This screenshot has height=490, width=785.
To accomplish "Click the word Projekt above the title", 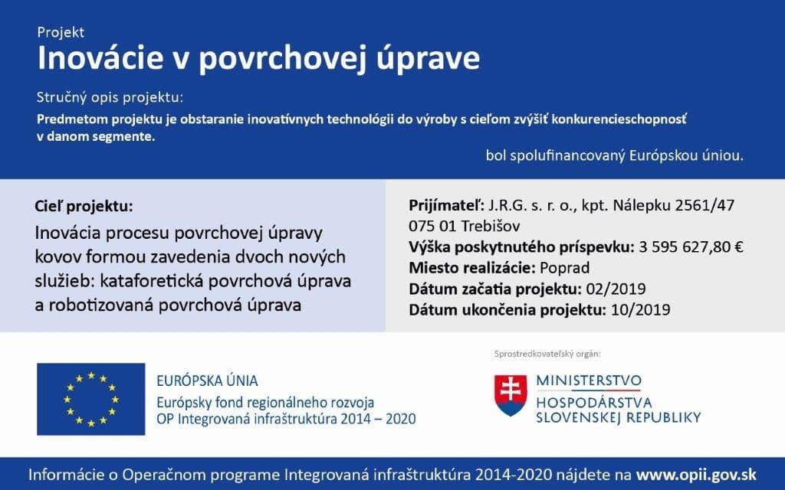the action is click(x=61, y=32).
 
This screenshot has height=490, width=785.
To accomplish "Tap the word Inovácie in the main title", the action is click(x=100, y=57).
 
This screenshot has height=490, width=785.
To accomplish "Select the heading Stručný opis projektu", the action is click(x=110, y=97).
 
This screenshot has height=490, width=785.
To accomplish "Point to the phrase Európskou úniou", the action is click(x=686, y=155).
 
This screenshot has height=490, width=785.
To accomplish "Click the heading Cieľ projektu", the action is click(x=84, y=206).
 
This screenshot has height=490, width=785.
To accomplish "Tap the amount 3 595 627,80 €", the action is click(x=691, y=247).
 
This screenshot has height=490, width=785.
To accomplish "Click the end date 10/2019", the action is click(x=641, y=310).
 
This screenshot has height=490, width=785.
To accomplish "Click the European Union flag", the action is click(x=91, y=399).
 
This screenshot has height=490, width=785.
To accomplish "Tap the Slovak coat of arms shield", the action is click(x=511, y=395).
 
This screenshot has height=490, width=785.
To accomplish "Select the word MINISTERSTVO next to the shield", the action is click(x=589, y=381).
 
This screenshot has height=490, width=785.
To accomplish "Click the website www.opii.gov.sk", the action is click(x=696, y=475).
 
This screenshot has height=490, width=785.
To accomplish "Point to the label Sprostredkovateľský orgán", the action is click(x=547, y=354).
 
